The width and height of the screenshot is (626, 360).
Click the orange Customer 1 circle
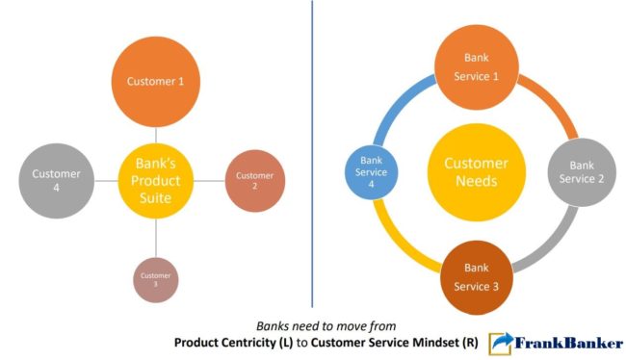156,82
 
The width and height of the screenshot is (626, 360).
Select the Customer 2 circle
255,180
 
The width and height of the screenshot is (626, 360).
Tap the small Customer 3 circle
156,280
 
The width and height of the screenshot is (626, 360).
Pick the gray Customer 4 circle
58,179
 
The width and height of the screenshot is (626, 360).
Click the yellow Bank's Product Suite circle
156,179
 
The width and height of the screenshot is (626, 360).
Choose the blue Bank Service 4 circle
373,170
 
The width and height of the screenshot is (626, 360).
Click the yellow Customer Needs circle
476,170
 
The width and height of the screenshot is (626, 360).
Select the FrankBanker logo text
569,343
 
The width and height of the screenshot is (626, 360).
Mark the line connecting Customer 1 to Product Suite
156,137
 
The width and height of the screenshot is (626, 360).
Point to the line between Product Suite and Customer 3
156,236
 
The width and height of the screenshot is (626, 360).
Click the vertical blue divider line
313,154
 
